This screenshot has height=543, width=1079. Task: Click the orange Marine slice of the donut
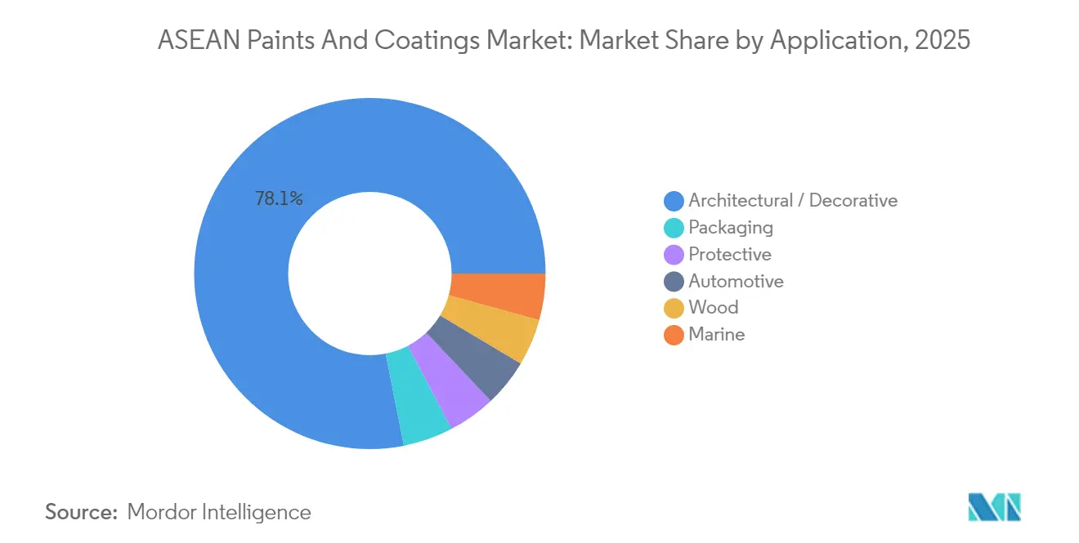[x=498, y=295]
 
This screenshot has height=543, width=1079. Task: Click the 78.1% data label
[x=279, y=198]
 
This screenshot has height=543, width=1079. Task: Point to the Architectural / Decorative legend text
[x=792, y=200]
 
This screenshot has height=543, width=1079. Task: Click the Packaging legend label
[x=730, y=227]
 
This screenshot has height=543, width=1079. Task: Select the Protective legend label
[x=729, y=254]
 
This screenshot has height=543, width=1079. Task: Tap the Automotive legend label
[x=736, y=281]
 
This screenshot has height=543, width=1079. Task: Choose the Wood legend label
[x=713, y=307]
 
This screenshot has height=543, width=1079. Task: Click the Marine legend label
[x=716, y=334]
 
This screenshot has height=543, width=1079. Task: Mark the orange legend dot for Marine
[x=674, y=335]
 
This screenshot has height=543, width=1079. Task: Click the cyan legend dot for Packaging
[x=674, y=228]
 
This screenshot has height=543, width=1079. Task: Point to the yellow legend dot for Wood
[x=674, y=308]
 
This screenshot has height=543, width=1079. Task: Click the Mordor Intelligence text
[x=219, y=512]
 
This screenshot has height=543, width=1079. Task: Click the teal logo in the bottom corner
[x=994, y=507]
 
